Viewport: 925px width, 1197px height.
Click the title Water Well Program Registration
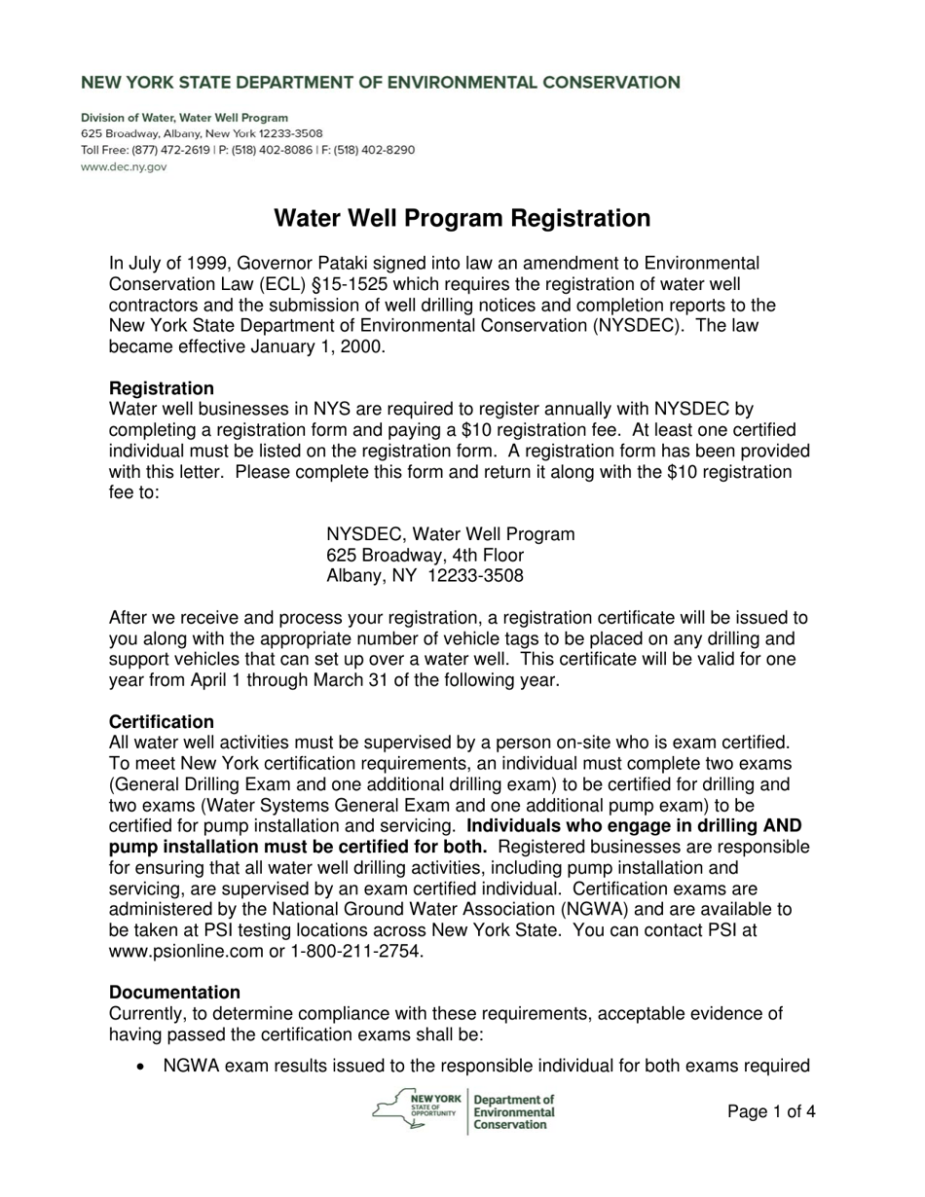pyautogui.click(x=462, y=218)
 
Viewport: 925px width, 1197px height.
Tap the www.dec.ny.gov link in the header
pyautogui.click(x=124, y=166)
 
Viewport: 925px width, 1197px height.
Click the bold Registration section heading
pyautogui.click(x=162, y=388)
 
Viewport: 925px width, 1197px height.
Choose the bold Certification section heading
pyautogui.click(x=162, y=722)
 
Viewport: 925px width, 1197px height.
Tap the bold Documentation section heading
pyautogui.click(x=174, y=993)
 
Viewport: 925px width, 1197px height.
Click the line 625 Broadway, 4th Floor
pyautogui.click(x=425, y=555)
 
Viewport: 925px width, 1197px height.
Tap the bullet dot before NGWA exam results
pyautogui.click(x=143, y=1068)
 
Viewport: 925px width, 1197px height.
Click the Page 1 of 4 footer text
pyautogui.click(x=771, y=1111)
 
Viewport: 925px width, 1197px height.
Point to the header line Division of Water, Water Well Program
pyautogui.click(x=184, y=117)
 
